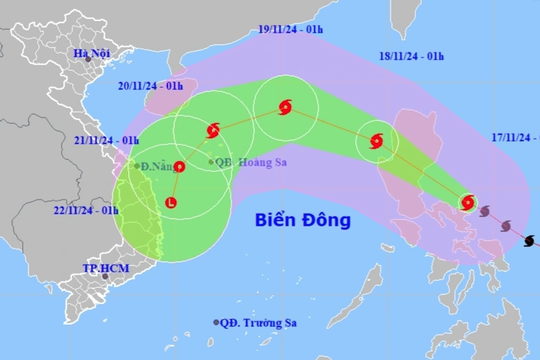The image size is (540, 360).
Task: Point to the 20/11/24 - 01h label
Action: pyautogui.click(x=148, y=87)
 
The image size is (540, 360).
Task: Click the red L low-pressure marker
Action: pyautogui.click(x=171, y=204)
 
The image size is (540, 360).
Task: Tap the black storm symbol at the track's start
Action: pyautogui.click(x=528, y=240)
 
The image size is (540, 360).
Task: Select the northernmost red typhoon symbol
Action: pyautogui.click(x=286, y=107)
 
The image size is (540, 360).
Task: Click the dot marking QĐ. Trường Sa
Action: pyautogui.click(x=217, y=322)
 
